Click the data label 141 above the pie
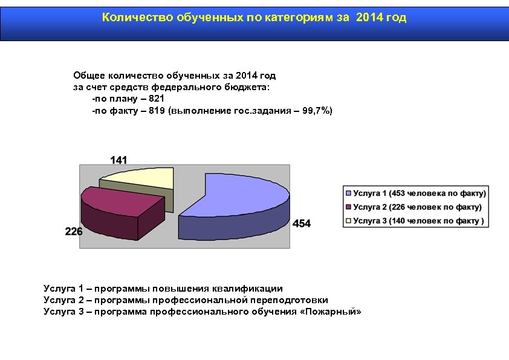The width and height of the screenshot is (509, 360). pyautogui.click(x=118, y=160)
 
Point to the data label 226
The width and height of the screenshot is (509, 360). pyautogui.click(x=74, y=231)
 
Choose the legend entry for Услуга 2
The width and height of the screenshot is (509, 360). pyautogui.click(x=417, y=207)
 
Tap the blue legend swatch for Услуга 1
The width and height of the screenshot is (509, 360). pyautogui.click(x=348, y=194)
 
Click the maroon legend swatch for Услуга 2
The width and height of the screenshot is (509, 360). pyautogui.click(x=348, y=207)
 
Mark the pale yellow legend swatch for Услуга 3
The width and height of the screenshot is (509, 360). pyautogui.click(x=348, y=221)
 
